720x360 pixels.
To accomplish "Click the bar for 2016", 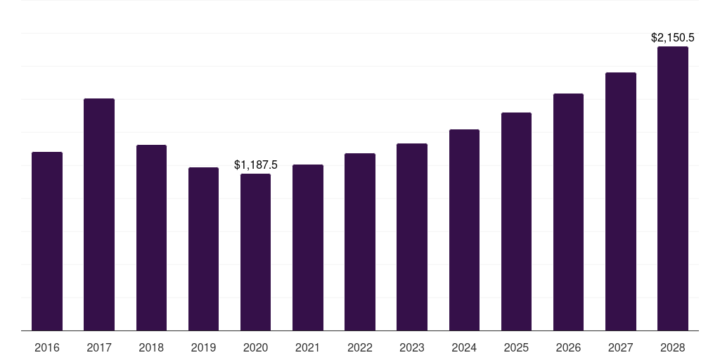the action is point(47,241).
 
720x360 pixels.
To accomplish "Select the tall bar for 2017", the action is point(99,214).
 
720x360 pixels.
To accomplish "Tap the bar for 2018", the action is point(152,238).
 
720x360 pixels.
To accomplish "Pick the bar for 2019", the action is point(203,249).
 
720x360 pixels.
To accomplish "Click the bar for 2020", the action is point(255,252).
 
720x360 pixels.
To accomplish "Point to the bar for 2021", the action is point(308,247).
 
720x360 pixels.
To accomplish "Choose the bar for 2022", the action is point(360,242).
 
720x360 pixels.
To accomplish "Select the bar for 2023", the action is point(412,237).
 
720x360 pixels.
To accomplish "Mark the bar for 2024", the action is point(464,230).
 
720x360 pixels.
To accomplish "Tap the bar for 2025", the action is point(516,221).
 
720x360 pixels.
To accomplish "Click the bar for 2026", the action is point(568,212).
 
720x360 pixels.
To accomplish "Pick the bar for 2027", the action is point(621,202).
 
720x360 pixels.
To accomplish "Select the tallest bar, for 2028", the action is point(673,188).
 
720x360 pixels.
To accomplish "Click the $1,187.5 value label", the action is point(256,165).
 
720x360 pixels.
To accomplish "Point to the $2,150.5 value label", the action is point(673,38).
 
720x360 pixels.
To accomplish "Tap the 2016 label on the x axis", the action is point(47,347).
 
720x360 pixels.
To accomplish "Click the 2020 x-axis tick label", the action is point(255,347).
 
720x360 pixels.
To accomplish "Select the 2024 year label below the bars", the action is point(464,347).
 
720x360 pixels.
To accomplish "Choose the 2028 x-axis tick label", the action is point(673,347).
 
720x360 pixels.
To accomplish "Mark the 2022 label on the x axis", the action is point(360,347).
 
